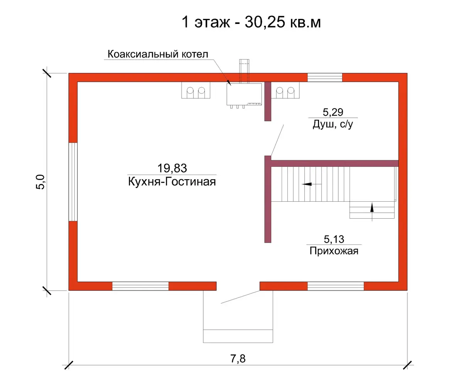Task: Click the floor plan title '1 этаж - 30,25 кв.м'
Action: (x=251, y=22)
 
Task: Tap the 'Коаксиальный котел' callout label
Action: (x=158, y=54)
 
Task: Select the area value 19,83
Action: (x=172, y=168)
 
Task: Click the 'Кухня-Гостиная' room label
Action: (x=172, y=182)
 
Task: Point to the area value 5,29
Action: (x=333, y=112)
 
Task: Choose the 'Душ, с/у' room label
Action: (x=333, y=124)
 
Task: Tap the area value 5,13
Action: (x=334, y=239)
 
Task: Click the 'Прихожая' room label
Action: (x=334, y=251)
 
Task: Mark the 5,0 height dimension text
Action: (x=41, y=182)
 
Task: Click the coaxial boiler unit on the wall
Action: (x=244, y=95)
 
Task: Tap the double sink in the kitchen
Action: (x=196, y=90)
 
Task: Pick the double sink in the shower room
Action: (x=285, y=90)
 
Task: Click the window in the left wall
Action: (x=73, y=182)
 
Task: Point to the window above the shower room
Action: (x=325, y=78)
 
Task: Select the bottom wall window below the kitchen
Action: (x=140, y=286)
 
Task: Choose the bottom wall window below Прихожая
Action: (x=336, y=286)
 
